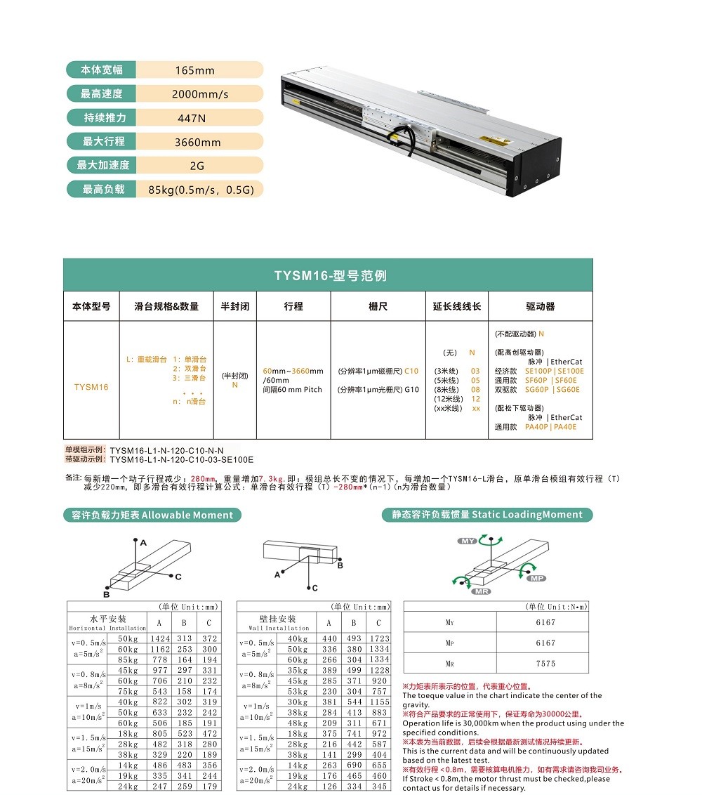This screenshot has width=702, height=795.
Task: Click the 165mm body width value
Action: click(194, 70)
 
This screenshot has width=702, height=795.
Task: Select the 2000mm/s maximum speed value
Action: click(200, 94)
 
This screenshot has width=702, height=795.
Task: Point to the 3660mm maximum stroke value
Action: click(197, 142)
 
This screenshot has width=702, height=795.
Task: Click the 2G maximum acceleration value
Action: click(197, 166)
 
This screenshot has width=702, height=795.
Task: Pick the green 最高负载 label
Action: click(102, 190)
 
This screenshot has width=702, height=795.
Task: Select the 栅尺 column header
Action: click(378, 307)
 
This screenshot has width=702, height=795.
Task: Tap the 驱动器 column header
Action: click(540, 307)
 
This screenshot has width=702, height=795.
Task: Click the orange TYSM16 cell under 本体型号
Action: click(91, 387)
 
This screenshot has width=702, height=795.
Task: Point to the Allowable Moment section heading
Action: click(152, 515)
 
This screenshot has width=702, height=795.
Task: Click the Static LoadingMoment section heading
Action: click(487, 515)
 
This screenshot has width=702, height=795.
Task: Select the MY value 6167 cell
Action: click(545, 622)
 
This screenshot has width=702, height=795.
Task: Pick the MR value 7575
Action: click(545, 663)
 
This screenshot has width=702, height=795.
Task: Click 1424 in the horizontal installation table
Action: click(160, 638)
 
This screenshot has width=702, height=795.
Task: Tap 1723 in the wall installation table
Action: click(379, 638)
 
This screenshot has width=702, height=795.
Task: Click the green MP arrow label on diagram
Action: click(536, 578)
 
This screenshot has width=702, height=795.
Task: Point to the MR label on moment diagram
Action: click(482, 591)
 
